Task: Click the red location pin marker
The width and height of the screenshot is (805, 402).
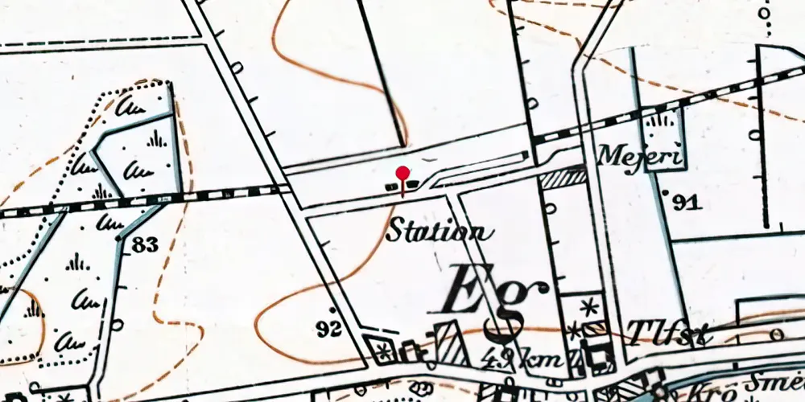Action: click(402, 174)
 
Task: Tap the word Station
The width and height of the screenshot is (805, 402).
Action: click(438, 233)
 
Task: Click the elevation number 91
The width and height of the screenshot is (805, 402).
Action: click(686, 203)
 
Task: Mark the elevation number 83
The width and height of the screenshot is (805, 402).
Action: click(144, 245)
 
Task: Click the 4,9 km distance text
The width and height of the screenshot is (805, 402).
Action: click(523, 359)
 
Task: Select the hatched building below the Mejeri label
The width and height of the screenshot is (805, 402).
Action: click(562, 178)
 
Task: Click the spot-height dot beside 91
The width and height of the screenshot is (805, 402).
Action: click(666, 193)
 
